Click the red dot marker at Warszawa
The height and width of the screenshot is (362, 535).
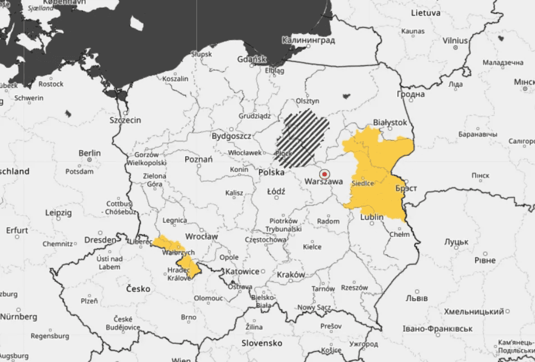[324, 174]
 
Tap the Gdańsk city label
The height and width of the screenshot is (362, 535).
[252, 59]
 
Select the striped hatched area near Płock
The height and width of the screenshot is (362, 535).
[303, 138]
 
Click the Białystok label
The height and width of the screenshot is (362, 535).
[389, 122]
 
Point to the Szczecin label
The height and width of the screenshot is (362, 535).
[125, 120]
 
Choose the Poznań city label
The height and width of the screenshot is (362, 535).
[198, 160]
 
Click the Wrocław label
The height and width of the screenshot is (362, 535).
[201, 236]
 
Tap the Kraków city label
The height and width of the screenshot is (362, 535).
[290, 275]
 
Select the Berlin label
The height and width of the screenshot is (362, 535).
[90, 153]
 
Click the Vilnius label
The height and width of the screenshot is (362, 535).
[455, 41]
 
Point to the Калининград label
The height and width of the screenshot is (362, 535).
[308, 41]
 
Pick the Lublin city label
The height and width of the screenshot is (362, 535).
[372, 217]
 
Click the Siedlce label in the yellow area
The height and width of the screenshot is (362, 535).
[363, 184]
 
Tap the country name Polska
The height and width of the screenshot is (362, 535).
[271, 173]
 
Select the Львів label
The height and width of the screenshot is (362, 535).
[416, 298]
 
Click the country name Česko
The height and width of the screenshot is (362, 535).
[138, 288]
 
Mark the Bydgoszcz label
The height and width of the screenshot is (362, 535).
[231, 136]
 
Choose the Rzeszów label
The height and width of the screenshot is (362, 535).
[354, 287]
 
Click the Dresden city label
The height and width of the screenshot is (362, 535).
[100, 240]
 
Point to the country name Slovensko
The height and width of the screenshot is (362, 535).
[262, 343]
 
